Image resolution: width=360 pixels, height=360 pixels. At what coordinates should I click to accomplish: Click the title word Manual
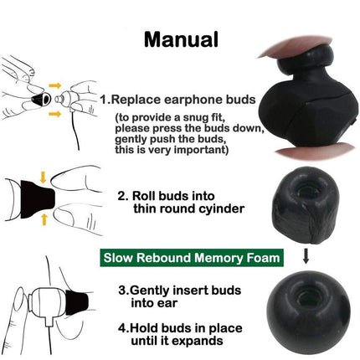click(180, 39)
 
